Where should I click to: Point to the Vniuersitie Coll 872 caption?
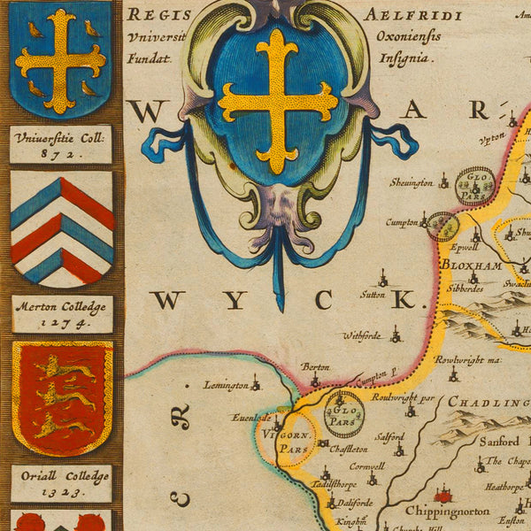(61, 144)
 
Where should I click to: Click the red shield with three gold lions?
(62, 397)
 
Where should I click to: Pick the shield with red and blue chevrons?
(62, 228)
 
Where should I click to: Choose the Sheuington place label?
(412, 183)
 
